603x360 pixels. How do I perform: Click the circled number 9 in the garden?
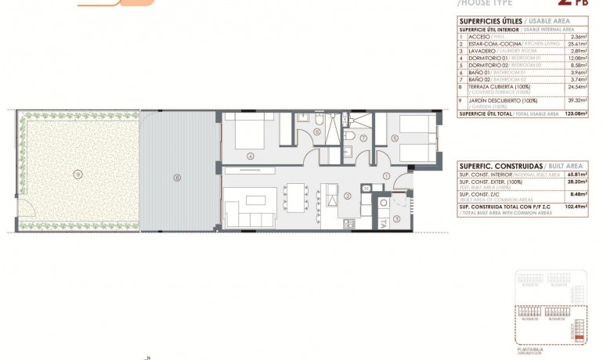point(78,173)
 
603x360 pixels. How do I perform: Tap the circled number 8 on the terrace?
point(178,178)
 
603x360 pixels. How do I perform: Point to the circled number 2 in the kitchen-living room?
point(347,196)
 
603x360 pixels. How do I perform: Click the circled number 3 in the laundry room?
point(396,218)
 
